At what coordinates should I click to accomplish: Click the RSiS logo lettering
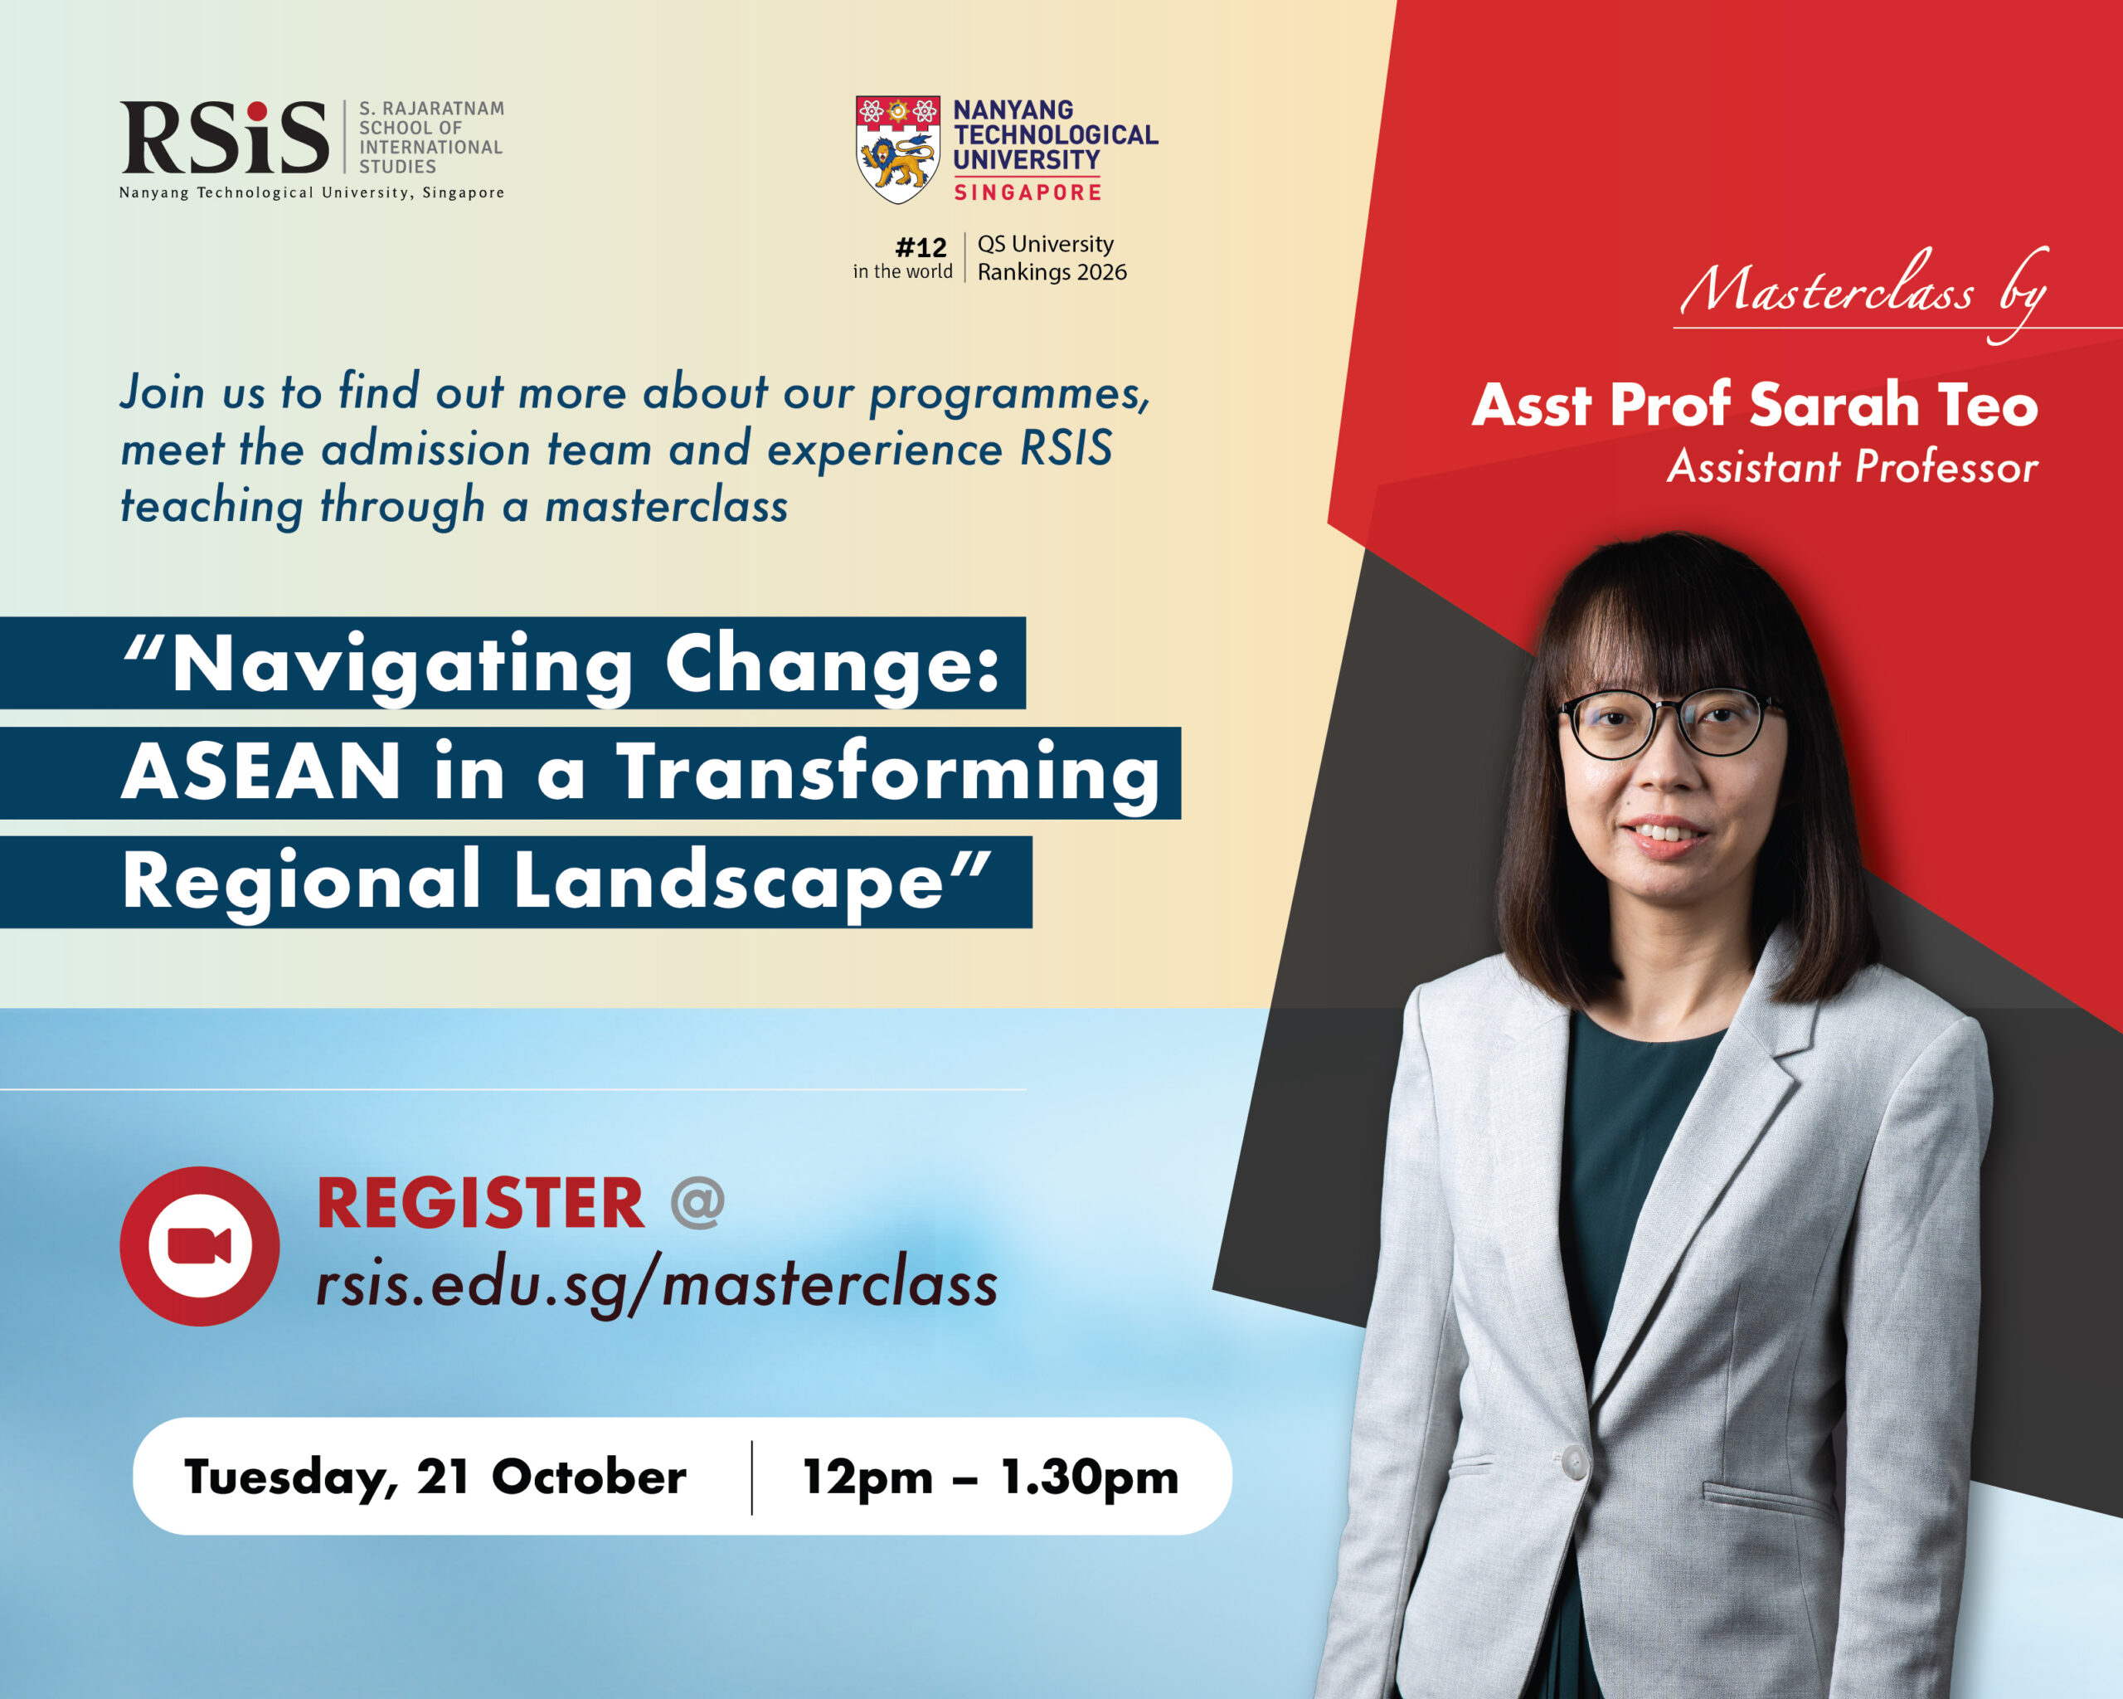(x=225, y=137)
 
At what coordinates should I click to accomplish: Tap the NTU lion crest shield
(x=897, y=149)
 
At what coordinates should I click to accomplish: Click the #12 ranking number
(x=921, y=247)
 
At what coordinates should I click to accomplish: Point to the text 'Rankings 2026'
(x=1052, y=273)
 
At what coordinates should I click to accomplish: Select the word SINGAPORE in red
(x=1027, y=192)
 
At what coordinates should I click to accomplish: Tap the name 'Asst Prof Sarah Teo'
(x=1755, y=405)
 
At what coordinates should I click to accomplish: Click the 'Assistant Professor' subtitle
(x=1852, y=467)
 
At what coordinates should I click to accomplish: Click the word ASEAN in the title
(x=261, y=772)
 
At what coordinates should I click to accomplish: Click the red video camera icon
(x=200, y=1246)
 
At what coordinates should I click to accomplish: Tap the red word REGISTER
(x=479, y=1204)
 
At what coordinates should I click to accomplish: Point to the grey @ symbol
(x=697, y=1204)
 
